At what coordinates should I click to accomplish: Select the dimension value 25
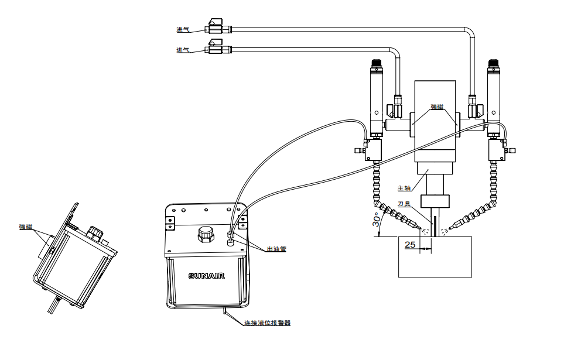(x=410, y=244)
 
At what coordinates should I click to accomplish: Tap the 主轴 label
(x=404, y=188)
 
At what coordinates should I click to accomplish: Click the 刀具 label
(x=404, y=204)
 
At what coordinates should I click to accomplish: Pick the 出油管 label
(x=276, y=249)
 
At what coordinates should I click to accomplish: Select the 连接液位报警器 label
(x=267, y=323)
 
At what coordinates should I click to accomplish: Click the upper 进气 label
(x=183, y=29)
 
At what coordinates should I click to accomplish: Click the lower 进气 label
(x=183, y=50)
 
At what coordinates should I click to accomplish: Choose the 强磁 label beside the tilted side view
(x=26, y=227)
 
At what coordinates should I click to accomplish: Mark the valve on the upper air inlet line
(x=214, y=27)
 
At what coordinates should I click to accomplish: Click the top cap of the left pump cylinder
(x=375, y=64)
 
